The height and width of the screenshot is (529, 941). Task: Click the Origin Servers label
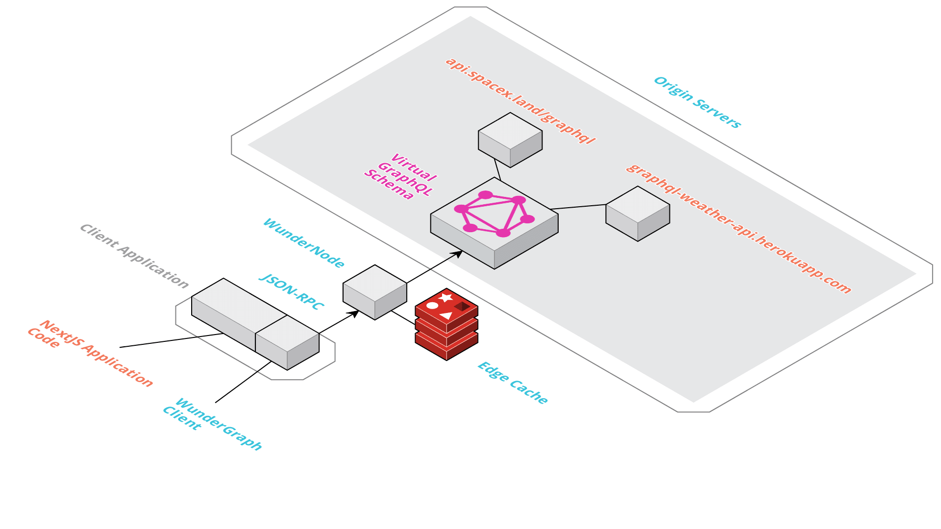[x=697, y=102]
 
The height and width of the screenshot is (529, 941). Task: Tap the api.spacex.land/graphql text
[x=520, y=100]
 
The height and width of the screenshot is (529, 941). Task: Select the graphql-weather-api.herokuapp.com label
[x=738, y=229]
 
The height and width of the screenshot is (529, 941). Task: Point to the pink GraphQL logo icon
[x=494, y=214]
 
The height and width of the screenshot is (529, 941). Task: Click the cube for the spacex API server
[x=510, y=140]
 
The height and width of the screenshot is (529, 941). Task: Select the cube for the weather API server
[x=638, y=214]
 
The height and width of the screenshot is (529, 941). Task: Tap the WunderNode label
[x=303, y=243]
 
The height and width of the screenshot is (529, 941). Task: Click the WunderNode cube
[x=375, y=292]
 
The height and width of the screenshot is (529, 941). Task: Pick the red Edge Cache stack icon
[x=446, y=324]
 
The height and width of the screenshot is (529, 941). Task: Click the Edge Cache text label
[x=513, y=383]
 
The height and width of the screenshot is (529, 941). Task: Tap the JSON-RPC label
[x=291, y=292]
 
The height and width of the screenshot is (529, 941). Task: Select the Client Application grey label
[x=134, y=256]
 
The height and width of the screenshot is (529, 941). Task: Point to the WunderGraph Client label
[x=212, y=423]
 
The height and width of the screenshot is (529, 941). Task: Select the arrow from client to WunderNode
[x=338, y=322]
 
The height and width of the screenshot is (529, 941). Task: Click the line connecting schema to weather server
[x=578, y=207]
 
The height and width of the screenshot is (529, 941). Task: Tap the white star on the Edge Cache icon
[x=446, y=297]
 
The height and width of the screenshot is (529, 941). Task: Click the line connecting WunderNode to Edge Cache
[x=403, y=317]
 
